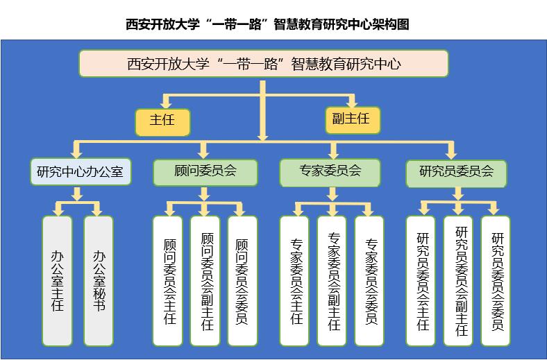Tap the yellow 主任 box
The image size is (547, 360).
click(x=162, y=121)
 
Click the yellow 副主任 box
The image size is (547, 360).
click(x=353, y=119)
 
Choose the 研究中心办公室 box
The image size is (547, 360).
click(x=81, y=171)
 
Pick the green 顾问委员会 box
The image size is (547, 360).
click(x=205, y=171)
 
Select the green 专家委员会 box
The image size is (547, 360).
click(x=330, y=171)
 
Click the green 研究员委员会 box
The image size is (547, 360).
click(x=456, y=171)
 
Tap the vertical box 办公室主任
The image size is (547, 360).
click(x=57, y=280)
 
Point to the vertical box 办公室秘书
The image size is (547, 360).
click(x=98, y=280)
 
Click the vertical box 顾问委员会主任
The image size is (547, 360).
click(x=168, y=280)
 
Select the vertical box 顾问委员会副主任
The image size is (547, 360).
click(x=205, y=280)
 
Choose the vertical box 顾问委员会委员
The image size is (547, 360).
click(x=242, y=280)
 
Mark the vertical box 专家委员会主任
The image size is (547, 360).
click(x=296, y=280)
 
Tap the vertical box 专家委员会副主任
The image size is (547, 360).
click(x=333, y=280)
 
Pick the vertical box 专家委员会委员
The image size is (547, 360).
click(x=370, y=280)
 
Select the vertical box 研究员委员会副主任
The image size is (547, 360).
click(x=460, y=280)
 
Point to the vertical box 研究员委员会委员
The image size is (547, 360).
click(x=496, y=280)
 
